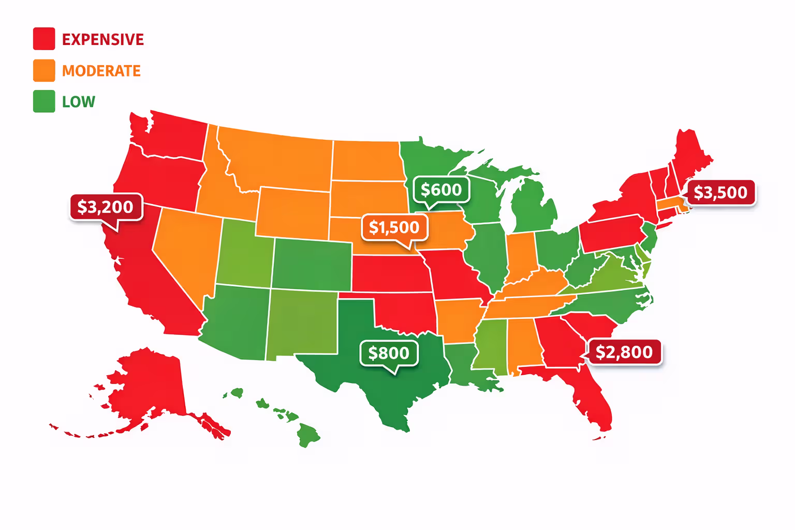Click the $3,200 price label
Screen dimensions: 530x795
(106, 207)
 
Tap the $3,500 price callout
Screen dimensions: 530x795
(720, 193)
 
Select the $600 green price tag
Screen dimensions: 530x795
(441, 190)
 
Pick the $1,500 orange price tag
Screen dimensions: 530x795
(394, 227)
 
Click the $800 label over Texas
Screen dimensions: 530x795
(389, 353)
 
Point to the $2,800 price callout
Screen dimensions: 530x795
(624, 352)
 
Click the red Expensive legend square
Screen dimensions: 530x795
(44, 39)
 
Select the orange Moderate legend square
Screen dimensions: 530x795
(44, 70)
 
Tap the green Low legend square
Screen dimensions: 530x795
(44, 101)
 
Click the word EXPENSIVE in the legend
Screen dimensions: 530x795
(103, 40)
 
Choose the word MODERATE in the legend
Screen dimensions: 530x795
(101, 71)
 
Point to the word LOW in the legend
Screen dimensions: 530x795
(79, 102)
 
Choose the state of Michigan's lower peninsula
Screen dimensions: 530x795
(533, 207)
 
